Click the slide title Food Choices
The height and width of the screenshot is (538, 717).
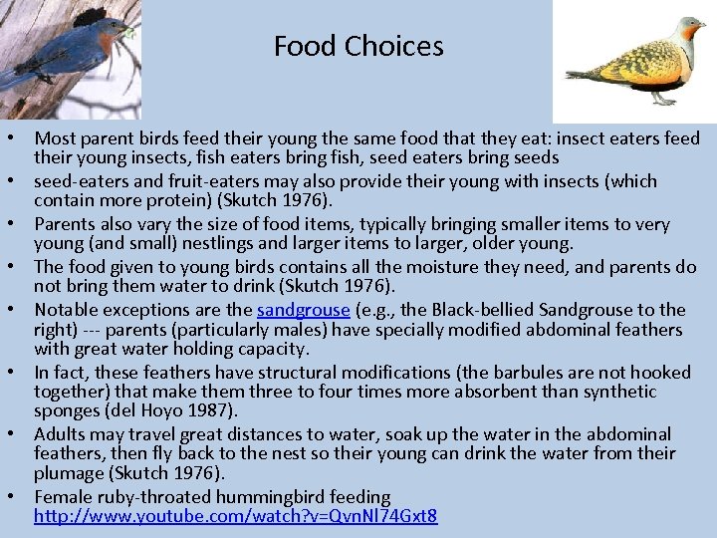tap(358, 46)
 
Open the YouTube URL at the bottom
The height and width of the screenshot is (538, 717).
tap(236, 516)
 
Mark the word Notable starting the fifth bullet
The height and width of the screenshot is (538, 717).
tap(67, 310)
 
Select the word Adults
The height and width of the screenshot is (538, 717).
tap(62, 433)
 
